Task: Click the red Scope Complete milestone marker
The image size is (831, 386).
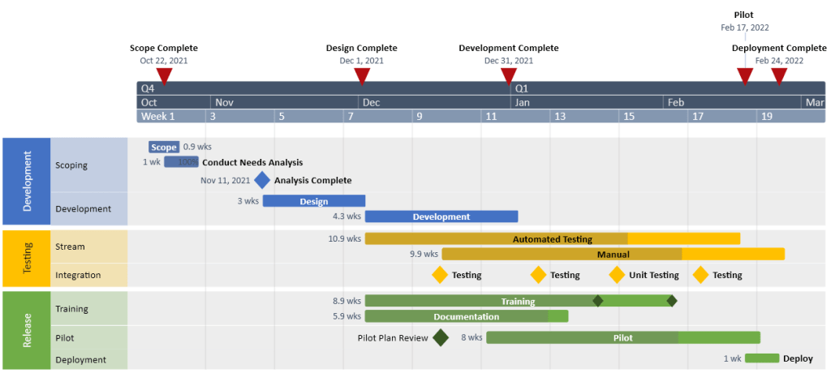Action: pos(164,76)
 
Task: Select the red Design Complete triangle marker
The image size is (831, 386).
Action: pos(362,76)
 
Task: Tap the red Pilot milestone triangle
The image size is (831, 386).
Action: pos(744,76)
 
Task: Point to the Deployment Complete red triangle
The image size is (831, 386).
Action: pos(779,76)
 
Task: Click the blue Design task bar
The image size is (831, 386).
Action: pos(313,201)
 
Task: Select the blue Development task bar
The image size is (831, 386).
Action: pos(441,217)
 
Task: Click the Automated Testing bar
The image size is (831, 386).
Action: pos(552,239)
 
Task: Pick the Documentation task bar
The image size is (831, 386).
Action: pos(466,316)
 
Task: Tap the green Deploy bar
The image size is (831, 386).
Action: pos(761,358)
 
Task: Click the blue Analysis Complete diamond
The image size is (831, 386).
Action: pos(261,181)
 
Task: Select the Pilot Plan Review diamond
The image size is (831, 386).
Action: pos(441,337)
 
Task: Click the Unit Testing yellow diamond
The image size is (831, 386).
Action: pos(617,275)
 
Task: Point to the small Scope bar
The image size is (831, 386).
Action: pos(163,147)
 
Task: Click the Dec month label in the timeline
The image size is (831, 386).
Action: pos(371,102)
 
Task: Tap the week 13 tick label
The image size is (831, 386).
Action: pos(559,116)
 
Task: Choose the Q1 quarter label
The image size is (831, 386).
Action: pos(522,88)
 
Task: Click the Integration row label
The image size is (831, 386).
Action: pos(78,275)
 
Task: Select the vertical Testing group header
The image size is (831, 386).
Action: pos(27,259)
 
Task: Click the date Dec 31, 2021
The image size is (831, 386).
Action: pos(509,61)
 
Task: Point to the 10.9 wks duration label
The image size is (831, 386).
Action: pos(344,239)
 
